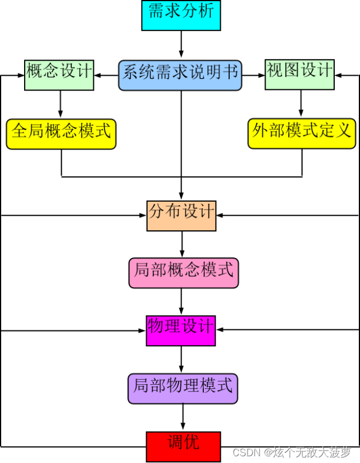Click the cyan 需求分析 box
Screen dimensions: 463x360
(x=181, y=15)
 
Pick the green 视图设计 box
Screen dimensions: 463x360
(x=299, y=74)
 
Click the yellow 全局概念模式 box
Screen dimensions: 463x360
(x=61, y=134)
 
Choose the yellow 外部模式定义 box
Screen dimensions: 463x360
(x=302, y=134)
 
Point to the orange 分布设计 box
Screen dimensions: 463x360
(x=181, y=215)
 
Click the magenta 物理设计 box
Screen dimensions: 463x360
(x=181, y=330)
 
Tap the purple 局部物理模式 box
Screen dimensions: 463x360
(x=183, y=388)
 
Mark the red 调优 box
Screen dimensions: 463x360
(x=183, y=446)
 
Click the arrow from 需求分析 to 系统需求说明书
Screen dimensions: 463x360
(x=181, y=45)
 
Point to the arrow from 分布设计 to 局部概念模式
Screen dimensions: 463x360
(x=181, y=244)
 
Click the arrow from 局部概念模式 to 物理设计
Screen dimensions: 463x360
(x=181, y=302)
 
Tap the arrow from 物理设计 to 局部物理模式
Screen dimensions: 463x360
(x=181, y=360)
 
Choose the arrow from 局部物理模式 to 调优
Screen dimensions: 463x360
(x=183, y=417)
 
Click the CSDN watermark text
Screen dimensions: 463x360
(x=292, y=452)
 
